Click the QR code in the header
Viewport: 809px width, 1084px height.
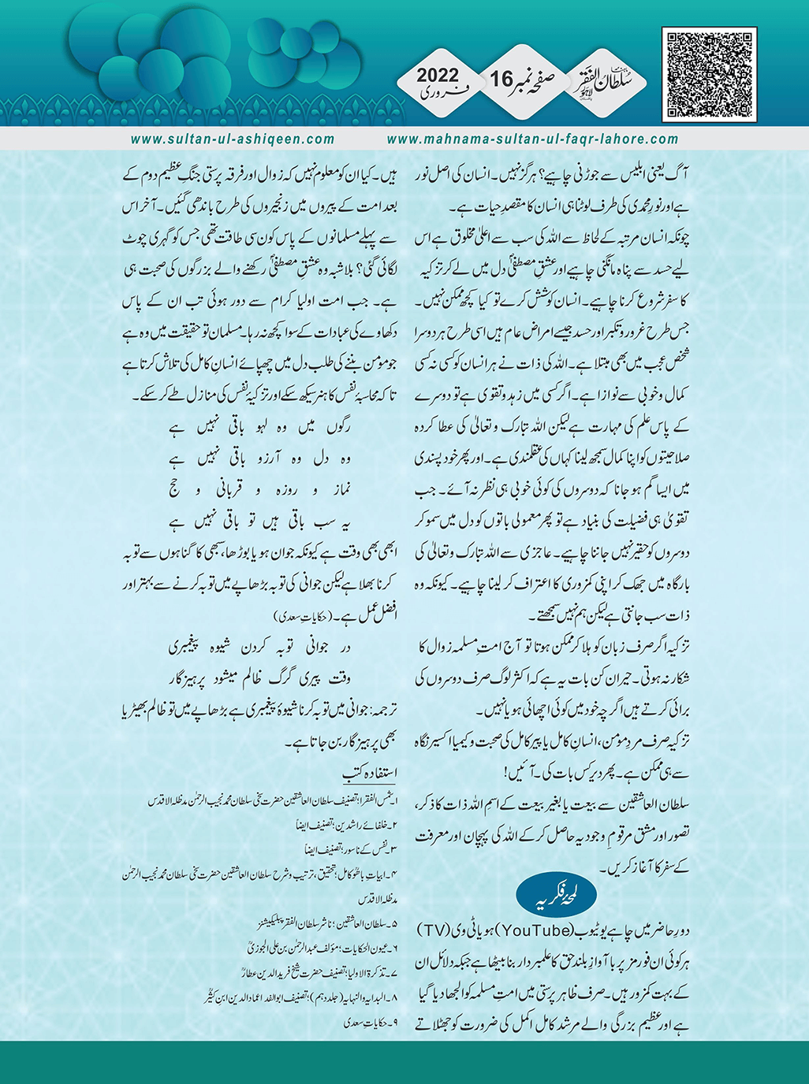(x=709, y=75)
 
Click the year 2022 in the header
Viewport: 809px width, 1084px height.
(x=438, y=76)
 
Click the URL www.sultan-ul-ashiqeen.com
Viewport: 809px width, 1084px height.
(x=233, y=139)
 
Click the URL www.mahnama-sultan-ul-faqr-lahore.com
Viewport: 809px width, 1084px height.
(x=533, y=139)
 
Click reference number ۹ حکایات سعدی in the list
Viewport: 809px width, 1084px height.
(x=367, y=1025)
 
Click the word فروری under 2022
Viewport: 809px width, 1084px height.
(x=438, y=96)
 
